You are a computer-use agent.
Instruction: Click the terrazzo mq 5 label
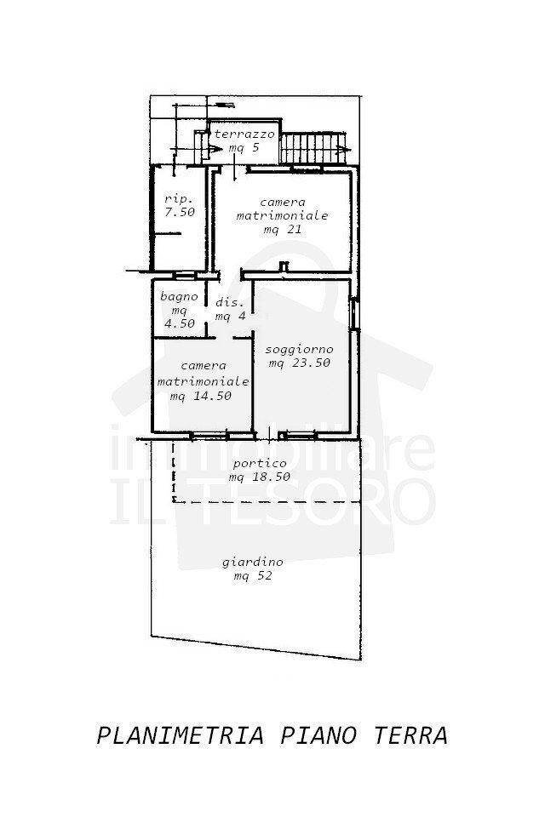click(x=244, y=140)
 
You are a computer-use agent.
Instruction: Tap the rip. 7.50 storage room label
click(x=180, y=205)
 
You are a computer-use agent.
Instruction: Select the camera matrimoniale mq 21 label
click(x=282, y=215)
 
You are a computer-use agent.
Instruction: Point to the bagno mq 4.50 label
click(x=180, y=310)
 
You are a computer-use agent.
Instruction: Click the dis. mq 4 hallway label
click(x=230, y=309)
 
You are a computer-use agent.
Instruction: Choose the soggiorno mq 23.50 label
click(x=300, y=356)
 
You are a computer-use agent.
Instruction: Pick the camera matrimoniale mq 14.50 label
click(x=203, y=381)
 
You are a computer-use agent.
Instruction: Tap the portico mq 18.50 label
click(x=260, y=470)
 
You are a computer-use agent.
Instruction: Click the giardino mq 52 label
click(x=253, y=568)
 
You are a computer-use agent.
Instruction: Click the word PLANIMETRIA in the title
click(x=181, y=735)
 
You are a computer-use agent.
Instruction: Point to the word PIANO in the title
click(x=318, y=735)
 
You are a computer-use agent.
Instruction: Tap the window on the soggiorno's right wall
click(x=353, y=313)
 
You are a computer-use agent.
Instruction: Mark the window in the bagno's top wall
click(x=184, y=275)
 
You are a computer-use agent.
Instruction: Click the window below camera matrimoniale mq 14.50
click(x=208, y=435)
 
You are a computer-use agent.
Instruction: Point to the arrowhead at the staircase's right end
click(x=341, y=150)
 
